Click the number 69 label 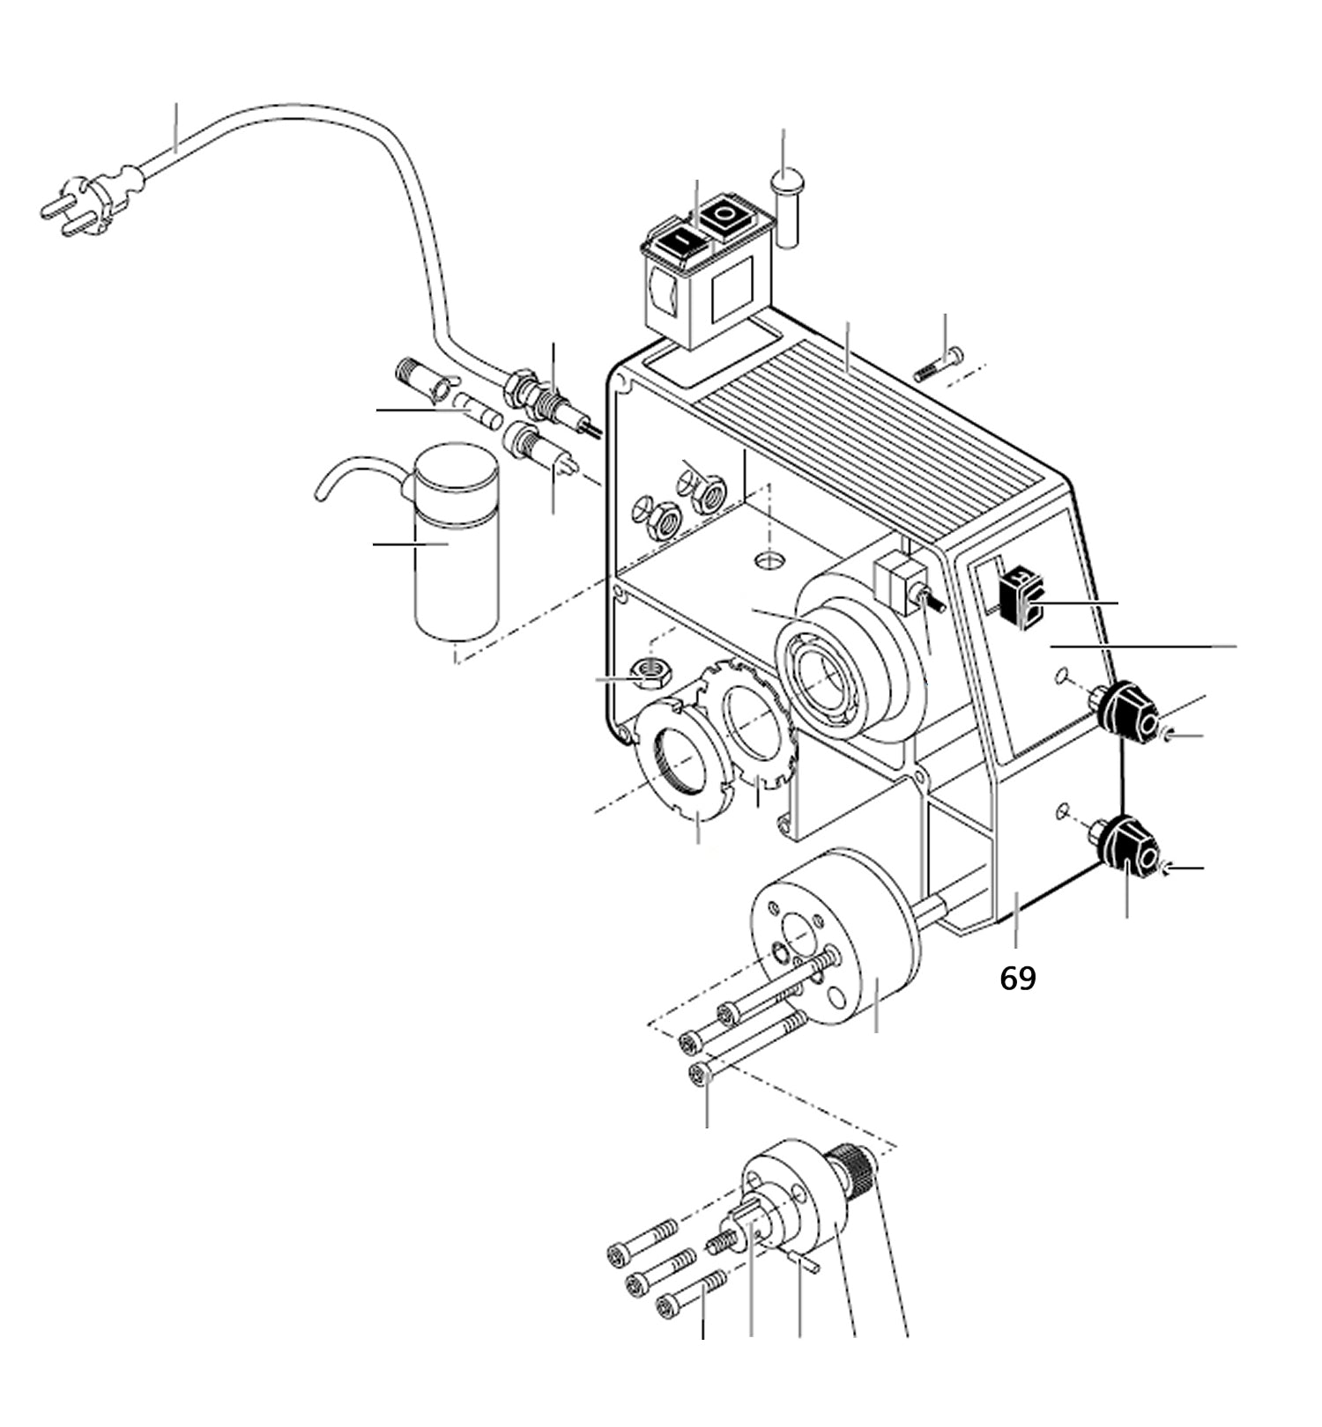coord(1018,978)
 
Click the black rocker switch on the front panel coord(1021,600)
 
